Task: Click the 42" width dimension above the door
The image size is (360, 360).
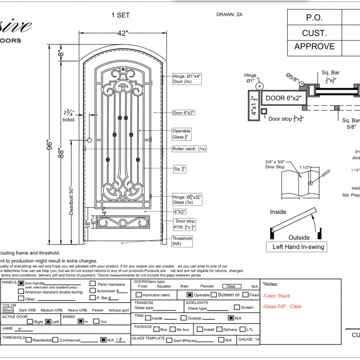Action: (x=123, y=33)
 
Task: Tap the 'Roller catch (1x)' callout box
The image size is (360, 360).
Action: (x=189, y=149)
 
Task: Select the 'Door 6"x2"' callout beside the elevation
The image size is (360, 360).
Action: (x=184, y=113)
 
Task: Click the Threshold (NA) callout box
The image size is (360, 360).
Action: (x=182, y=241)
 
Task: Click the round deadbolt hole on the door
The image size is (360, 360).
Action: (x=90, y=140)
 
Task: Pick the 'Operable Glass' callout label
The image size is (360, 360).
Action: (x=182, y=134)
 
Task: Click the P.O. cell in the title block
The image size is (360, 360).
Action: (x=314, y=18)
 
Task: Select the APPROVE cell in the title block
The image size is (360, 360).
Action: (x=314, y=46)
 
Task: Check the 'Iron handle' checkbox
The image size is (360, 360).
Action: (x=21, y=283)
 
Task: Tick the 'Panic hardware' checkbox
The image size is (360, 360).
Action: (x=93, y=284)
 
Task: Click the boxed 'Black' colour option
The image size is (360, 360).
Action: (x=9, y=310)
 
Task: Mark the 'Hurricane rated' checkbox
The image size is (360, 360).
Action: (x=139, y=294)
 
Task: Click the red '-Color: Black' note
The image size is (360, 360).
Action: (x=277, y=296)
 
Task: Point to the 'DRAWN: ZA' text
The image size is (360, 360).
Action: (x=229, y=14)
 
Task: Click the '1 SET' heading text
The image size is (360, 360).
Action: (x=120, y=15)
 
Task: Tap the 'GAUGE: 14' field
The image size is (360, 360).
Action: (x=248, y=340)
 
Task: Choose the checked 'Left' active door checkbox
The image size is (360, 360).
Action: (x=48, y=322)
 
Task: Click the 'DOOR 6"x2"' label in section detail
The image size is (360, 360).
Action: (x=283, y=98)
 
